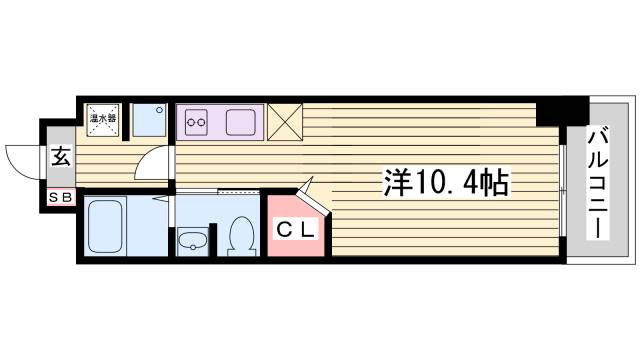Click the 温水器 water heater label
point(103,118)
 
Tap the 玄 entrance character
point(60,158)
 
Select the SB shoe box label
point(59,198)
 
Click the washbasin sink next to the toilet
point(192,240)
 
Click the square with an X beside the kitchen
point(285,121)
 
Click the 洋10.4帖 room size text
point(446,182)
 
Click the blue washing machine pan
point(150,120)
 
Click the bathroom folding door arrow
point(161,200)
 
